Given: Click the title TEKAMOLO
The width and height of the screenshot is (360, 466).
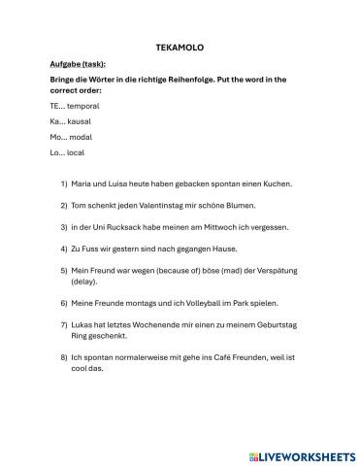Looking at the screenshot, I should (180, 46).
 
